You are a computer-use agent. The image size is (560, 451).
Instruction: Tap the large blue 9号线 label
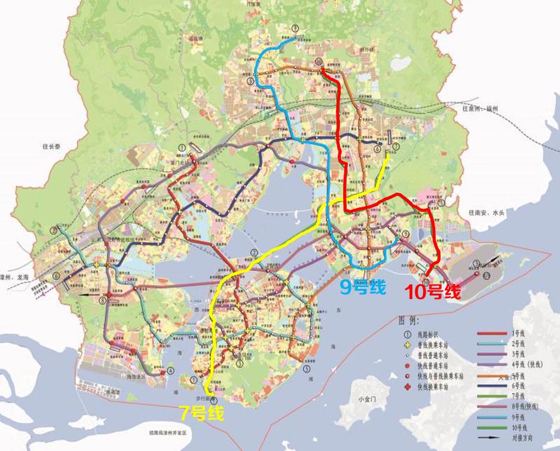coord(363,288)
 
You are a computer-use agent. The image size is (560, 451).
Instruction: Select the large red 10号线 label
coord(433,292)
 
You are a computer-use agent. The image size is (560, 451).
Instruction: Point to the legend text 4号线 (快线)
coord(526,364)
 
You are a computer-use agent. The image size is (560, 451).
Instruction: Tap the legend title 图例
coord(407,321)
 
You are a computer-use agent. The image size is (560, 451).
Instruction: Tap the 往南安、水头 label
coord(486,212)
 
